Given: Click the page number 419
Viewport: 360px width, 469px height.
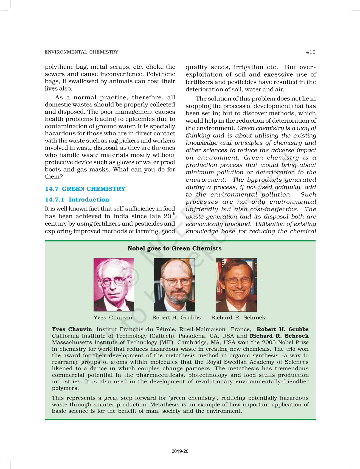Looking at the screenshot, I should [311, 52].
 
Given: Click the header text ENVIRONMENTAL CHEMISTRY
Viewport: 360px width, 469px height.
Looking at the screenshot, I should [81, 52].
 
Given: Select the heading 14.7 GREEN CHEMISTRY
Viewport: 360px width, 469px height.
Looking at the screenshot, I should [85, 189].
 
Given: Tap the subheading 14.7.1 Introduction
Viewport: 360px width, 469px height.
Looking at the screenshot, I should [77, 200].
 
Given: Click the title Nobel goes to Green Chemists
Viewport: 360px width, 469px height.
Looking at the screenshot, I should [175, 248].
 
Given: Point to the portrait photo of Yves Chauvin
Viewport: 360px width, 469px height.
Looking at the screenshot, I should [114, 285].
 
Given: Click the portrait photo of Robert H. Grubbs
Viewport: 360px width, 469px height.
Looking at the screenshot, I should [174, 285].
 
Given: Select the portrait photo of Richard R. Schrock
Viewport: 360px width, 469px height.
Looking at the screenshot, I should [236, 285].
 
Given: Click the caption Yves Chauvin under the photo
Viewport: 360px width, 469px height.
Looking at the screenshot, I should [113, 318].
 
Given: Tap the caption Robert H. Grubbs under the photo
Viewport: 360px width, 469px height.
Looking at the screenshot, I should [176, 318].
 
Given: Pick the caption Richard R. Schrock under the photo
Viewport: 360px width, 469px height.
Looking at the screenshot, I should [238, 318].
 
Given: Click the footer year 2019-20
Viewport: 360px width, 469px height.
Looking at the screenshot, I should [180, 451].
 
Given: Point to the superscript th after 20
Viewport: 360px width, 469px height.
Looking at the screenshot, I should [173, 214].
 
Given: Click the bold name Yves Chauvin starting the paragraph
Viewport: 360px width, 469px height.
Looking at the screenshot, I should [72, 329].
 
